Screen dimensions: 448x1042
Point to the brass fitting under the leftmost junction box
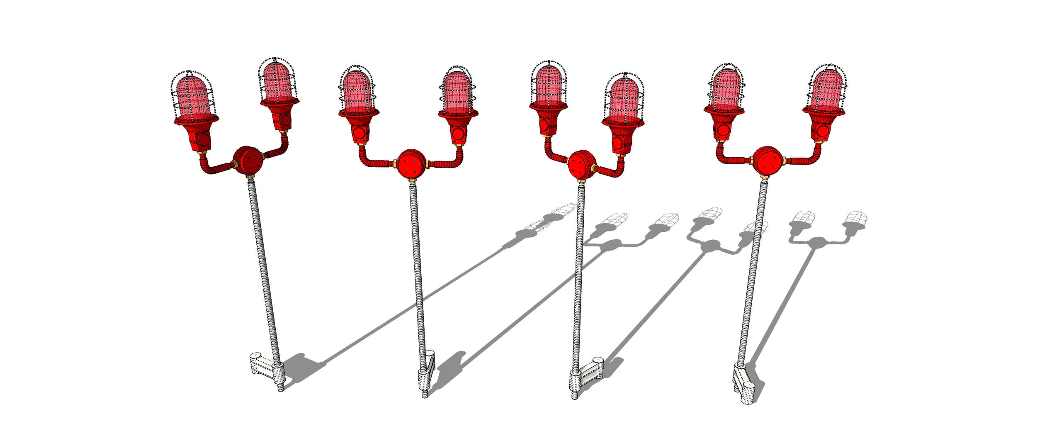pos(250,179)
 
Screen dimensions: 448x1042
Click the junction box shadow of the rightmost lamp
pos(817,242)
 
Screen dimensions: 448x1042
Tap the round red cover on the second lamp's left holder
pos(359,133)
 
